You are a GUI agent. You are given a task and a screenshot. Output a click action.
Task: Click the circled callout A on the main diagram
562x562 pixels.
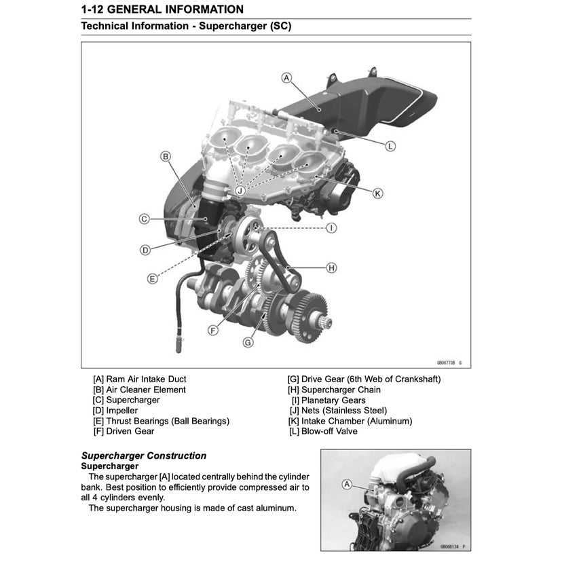(286, 78)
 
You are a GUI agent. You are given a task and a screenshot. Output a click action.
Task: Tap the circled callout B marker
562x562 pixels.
(165, 157)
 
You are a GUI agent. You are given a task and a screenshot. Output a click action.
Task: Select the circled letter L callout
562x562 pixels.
(390, 146)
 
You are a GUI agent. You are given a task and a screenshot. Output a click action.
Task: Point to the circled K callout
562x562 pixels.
(378, 193)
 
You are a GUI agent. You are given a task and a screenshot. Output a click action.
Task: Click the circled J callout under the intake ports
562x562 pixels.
(240, 191)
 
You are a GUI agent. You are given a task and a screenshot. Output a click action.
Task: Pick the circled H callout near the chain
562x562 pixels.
(331, 267)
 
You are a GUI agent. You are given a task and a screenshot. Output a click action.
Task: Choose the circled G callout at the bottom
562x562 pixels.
(248, 343)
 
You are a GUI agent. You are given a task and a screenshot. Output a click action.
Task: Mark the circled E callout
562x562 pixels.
(153, 278)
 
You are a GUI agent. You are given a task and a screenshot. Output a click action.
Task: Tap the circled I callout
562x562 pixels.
(331, 228)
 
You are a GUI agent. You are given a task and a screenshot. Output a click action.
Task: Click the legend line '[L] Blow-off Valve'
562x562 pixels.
(323, 431)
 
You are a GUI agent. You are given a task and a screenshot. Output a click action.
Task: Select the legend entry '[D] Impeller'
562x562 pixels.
(115, 411)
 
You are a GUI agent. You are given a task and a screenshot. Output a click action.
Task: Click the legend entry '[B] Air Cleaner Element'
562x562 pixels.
(139, 390)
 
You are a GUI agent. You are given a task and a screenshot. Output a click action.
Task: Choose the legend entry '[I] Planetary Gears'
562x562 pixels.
(327, 400)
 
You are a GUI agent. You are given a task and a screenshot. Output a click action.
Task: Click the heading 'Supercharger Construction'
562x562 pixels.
(144, 456)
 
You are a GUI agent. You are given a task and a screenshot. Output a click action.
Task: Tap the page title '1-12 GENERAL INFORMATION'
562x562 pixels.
(162, 10)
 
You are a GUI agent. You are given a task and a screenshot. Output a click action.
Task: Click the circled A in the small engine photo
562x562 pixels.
(348, 485)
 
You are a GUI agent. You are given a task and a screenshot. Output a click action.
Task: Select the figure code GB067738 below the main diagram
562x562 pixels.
(445, 363)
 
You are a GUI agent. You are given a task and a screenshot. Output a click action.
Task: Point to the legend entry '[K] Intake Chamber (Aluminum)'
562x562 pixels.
(350, 421)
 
